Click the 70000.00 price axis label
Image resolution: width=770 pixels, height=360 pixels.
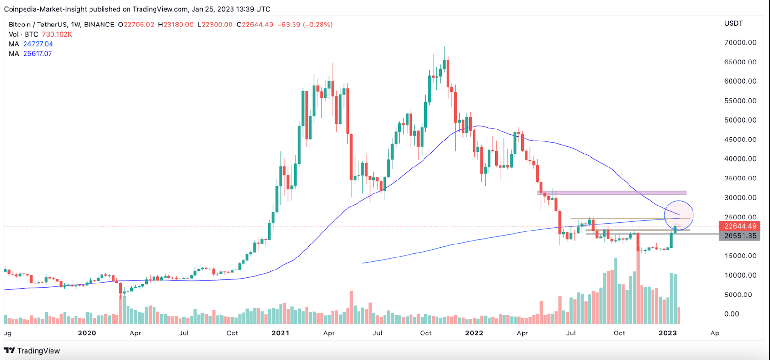[740, 43]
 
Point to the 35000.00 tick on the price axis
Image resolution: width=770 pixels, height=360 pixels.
[740, 179]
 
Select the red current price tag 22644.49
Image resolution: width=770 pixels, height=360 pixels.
[739, 226]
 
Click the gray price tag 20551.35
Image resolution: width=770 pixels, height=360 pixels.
[739, 236]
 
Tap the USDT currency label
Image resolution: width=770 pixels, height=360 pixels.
[733, 23]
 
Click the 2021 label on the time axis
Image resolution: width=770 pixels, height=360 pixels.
[280, 333]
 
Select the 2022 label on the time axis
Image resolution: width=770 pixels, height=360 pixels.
[474, 333]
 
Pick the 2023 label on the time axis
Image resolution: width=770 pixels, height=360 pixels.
[667, 333]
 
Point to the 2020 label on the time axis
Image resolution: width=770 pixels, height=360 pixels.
[87, 333]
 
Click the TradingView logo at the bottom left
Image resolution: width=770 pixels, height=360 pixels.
[32, 351]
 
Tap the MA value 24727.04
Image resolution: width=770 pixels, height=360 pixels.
[38, 44]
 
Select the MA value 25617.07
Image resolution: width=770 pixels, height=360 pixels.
[38, 54]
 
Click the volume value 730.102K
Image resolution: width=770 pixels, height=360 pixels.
[57, 34]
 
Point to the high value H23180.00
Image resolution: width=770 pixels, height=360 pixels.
[176, 25]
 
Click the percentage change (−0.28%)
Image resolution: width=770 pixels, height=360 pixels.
[318, 25]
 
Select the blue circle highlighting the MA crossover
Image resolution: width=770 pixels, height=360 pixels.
[679, 215]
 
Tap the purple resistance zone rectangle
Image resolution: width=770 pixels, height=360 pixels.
[611, 193]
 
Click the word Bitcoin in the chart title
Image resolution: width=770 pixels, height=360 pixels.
[20, 25]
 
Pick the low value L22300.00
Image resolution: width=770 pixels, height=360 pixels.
[215, 25]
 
